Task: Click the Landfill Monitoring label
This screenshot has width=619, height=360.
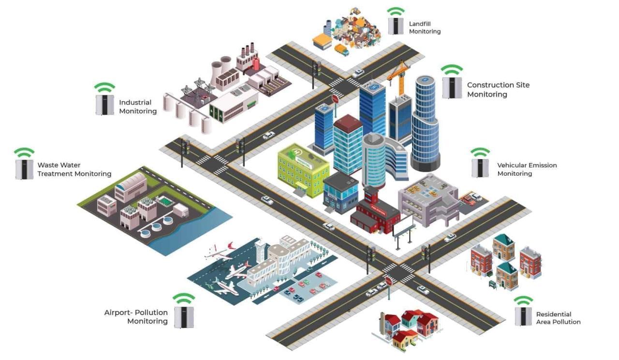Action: (x=425, y=28)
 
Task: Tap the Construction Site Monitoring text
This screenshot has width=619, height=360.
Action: (x=498, y=90)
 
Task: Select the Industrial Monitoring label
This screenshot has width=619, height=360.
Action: (x=138, y=107)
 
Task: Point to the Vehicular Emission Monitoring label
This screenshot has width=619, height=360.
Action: (x=527, y=169)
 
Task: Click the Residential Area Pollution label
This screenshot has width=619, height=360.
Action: (x=558, y=318)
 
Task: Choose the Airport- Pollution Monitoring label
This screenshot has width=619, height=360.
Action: (x=136, y=317)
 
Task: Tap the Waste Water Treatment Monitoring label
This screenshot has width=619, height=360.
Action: (x=74, y=170)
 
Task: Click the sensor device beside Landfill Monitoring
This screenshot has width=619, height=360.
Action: (x=396, y=26)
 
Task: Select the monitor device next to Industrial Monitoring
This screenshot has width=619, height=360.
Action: (x=104, y=105)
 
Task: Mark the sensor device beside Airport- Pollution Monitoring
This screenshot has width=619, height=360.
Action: (x=184, y=317)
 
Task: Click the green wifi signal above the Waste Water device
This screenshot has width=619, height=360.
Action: (x=24, y=152)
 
